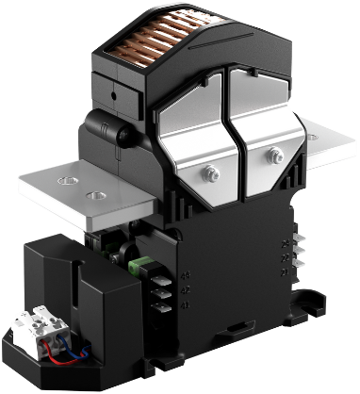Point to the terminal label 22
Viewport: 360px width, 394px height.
(284, 258)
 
